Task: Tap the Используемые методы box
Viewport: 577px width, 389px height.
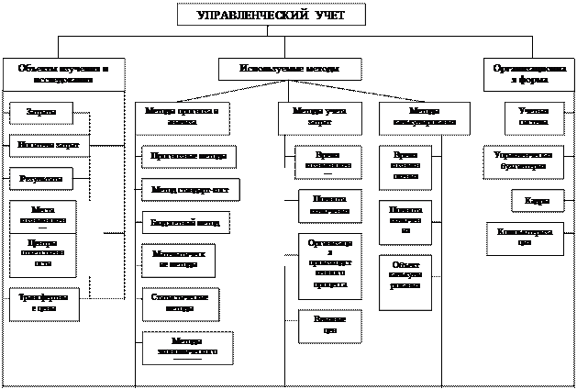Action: coord(289,70)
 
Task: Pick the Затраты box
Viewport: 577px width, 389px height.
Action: coord(41,114)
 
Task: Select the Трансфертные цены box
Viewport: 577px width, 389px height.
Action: coord(43,304)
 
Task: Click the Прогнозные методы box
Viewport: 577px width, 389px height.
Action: coord(188,157)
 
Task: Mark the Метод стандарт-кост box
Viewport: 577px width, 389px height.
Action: coord(191,190)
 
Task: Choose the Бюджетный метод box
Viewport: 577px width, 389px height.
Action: coord(184,223)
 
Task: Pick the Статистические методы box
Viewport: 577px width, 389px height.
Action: coord(179,302)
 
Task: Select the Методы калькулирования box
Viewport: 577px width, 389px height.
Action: coord(424,117)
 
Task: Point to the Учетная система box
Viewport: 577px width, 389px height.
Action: coord(527,116)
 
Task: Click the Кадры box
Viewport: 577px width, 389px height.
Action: coord(531,201)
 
